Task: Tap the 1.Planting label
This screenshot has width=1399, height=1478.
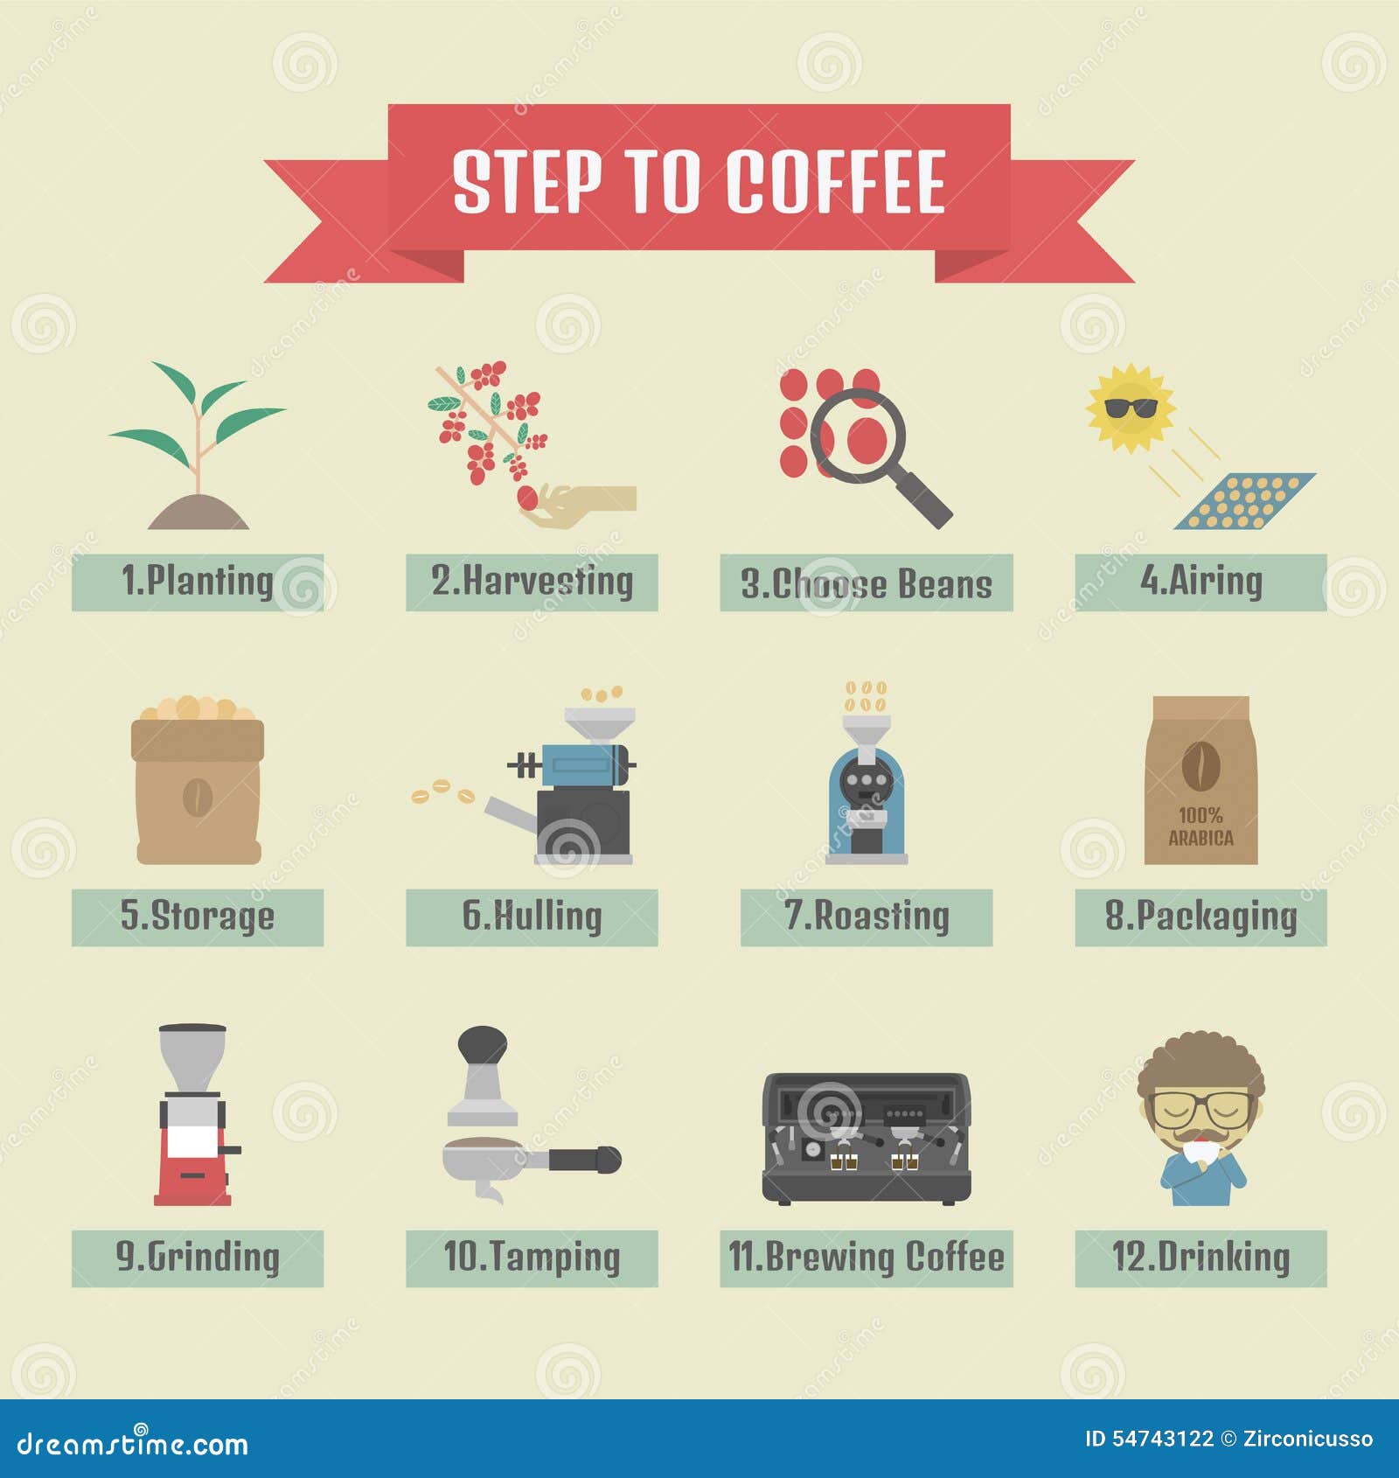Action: click(198, 582)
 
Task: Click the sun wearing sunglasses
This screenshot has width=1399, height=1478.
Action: click(1131, 408)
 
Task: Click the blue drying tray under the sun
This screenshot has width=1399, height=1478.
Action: click(1244, 502)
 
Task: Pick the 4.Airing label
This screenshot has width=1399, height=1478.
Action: click(1201, 582)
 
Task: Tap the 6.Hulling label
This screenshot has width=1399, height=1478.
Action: click(532, 917)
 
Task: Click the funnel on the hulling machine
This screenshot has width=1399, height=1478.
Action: click(599, 724)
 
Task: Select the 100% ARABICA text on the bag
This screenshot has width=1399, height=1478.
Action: click(1201, 826)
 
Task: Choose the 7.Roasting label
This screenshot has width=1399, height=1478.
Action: click(866, 917)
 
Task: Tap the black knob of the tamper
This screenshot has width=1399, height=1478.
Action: click(483, 1044)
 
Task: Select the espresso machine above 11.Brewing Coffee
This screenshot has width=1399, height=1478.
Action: click(866, 1137)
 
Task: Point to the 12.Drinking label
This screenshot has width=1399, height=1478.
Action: click(1201, 1258)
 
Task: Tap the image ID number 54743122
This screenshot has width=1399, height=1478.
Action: click(1162, 1439)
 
